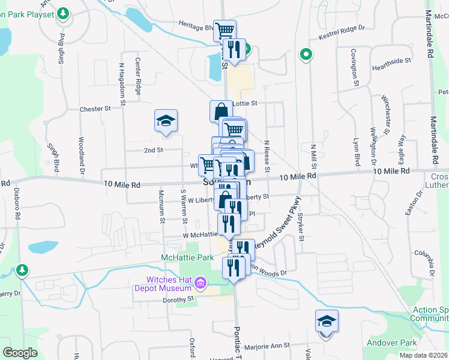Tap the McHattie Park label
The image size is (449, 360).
(x=187, y=257)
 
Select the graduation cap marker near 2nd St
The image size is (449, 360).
(x=165, y=121)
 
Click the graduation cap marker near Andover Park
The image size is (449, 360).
(x=327, y=322)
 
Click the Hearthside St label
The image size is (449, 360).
(x=391, y=61)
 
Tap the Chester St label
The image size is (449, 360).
(x=96, y=109)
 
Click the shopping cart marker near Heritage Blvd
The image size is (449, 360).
(x=224, y=29)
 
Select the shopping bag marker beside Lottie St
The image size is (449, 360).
(x=221, y=110)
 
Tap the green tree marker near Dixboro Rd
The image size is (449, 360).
(x=22, y=271)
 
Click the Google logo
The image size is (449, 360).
(x=20, y=352)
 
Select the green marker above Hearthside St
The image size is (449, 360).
(x=306, y=55)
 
